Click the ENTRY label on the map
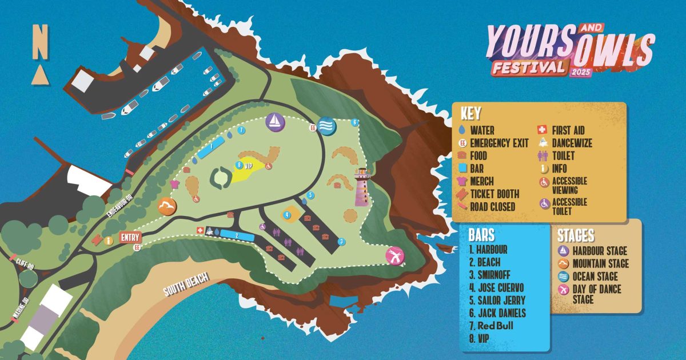pyautogui.click(x=130, y=237)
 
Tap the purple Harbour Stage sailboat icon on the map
pyautogui.click(x=275, y=121)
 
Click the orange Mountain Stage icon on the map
pyautogui.click(x=166, y=206)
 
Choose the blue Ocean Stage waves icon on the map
pyautogui.click(x=326, y=125)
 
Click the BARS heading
pyautogui.click(x=481, y=235)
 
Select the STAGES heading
pyautogui.click(x=576, y=235)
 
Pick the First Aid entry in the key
pyautogui.click(x=567, y=130)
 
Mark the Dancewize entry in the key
pyautogui.click(x=572, y=143)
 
